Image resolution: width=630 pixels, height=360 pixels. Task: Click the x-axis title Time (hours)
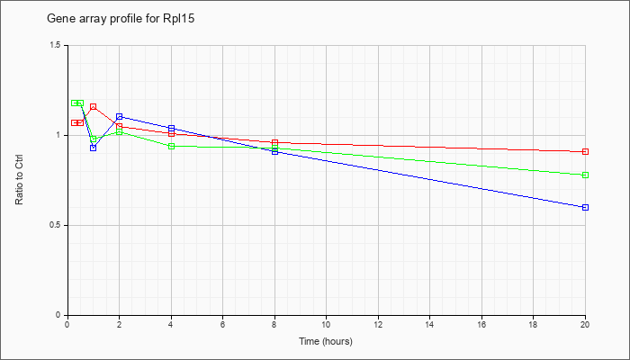pyautogui.click(x=326, y=342)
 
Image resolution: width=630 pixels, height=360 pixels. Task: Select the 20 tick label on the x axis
pyautogui.click(x=585, y=326)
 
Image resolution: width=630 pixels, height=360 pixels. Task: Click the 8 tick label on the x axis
pyautogui.click(x=274, y=326)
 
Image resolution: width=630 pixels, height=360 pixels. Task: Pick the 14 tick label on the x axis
pyautogui.click(x=430, y=326)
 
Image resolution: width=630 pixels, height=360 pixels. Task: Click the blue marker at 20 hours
pyautogui.click(x=585, y=207)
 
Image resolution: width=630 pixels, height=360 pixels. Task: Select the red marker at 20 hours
pyautogui.click(x=585, y=151)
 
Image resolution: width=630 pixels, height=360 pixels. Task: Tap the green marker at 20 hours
pyautogui.click(x=585, y=175)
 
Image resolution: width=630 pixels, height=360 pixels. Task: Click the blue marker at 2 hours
pyautogui.click(x=119, y=116)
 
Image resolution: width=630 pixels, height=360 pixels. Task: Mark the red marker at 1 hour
pyautogui.click(x=94, y=106)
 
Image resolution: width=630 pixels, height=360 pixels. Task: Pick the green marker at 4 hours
pyautogui.click(x=171, y=146)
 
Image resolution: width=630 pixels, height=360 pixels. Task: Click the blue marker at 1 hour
pyautogui.click(x=94, y=148)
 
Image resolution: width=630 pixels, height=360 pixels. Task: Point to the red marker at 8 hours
pyautogui.click(x=274, y=142)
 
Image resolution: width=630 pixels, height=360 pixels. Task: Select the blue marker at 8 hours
pyautogui.click(x=274, y=151)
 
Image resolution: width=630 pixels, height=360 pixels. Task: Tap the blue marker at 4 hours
pyautogui.click(x=171, y=128)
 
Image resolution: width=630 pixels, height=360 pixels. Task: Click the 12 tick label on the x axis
pyautogui.click(x=378, y=326)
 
